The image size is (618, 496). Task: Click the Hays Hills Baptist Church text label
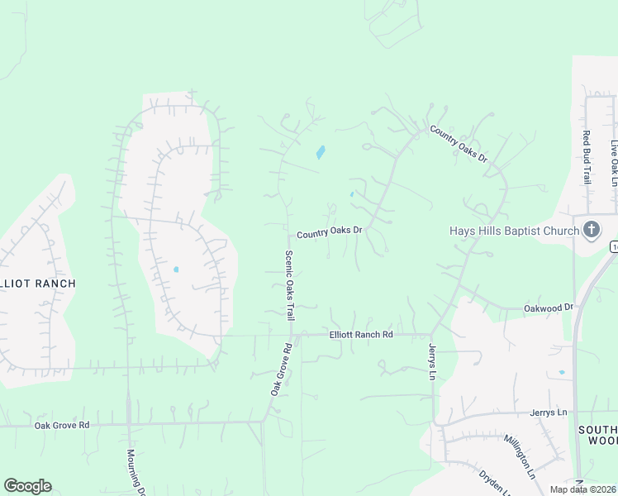click(x=513, y=231)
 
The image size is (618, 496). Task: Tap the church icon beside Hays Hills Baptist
click(x=592, y=229)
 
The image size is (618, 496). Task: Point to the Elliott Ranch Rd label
click(x=360, y=334)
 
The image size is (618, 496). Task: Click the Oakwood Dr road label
click(x=549, y=308)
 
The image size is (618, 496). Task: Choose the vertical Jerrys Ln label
click(x=431, y=362)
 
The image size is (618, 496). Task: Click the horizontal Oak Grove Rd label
click(x=62, y=425)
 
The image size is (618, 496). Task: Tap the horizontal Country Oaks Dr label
click(x=330, y=233)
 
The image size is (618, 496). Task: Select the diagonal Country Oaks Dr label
click(x=459, y=145)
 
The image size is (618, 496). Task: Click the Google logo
click(x=27, y=486)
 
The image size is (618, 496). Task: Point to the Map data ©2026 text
click(x=582, y=489)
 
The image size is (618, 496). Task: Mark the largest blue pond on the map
click(x=320, y=153)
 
